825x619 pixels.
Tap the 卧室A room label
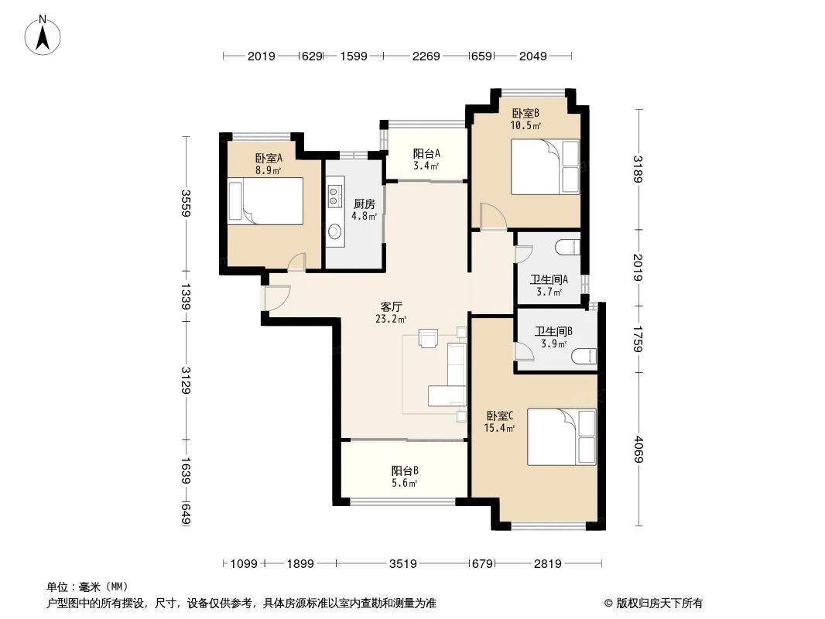click(x=268, y=159)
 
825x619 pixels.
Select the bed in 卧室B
click(x=545, y=166)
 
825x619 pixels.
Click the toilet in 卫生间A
click(x=568, y=247)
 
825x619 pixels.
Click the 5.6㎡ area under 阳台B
click(x=405, y=484)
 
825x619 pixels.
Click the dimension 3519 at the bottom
click(x=405, y=564)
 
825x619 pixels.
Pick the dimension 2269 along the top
click(x=426, y=56)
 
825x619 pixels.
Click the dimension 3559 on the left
click(x=186, y=203)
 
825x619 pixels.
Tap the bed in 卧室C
click(x=562, y=436)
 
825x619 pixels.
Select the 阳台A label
click(x=426, y=153)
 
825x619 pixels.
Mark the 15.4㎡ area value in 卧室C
click(x=495, y=427)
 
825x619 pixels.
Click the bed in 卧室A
click(x=265, y=201)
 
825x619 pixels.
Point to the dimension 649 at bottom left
click(x=186, y=515)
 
